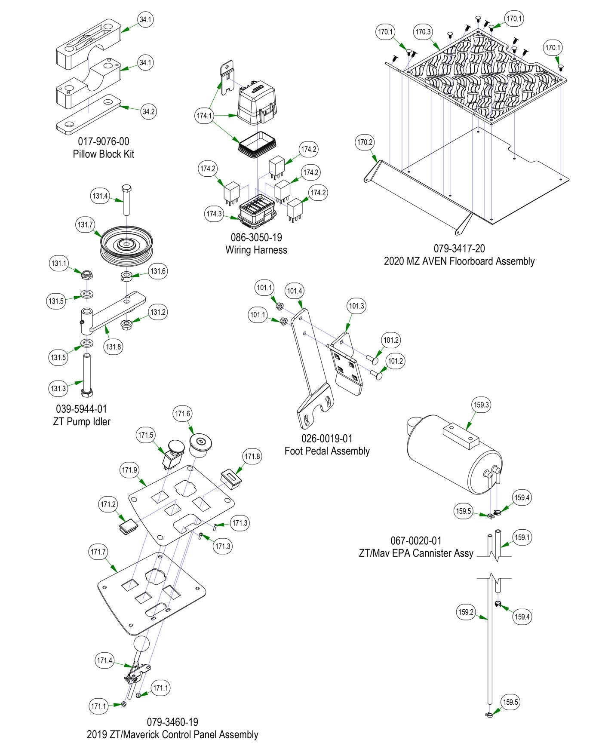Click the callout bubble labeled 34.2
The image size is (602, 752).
point(148,112)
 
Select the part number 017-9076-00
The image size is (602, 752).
point(103,141)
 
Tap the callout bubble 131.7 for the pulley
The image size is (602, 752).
point(85,224)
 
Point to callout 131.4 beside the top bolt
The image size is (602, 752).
point(100,196)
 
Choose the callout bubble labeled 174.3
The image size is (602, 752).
point(214,214)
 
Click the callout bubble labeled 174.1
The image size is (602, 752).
point(204,116)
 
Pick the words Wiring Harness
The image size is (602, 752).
point(256,250)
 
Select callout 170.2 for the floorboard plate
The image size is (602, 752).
point(365,142)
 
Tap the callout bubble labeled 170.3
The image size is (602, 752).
point(423,32)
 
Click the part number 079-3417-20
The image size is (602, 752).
point(459,249)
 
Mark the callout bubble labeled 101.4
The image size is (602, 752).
point(295,291)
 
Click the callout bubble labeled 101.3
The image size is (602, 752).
point(356,306)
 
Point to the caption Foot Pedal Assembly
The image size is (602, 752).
point(327,451)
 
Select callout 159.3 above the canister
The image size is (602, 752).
point(481,405)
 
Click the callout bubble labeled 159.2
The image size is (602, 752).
point(466,612)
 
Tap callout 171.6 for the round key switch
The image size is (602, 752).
point(182,414)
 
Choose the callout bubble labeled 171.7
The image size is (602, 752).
point(99,551)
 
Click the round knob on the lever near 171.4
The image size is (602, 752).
point(141,645)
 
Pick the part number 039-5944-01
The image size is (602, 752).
point(81,409)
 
